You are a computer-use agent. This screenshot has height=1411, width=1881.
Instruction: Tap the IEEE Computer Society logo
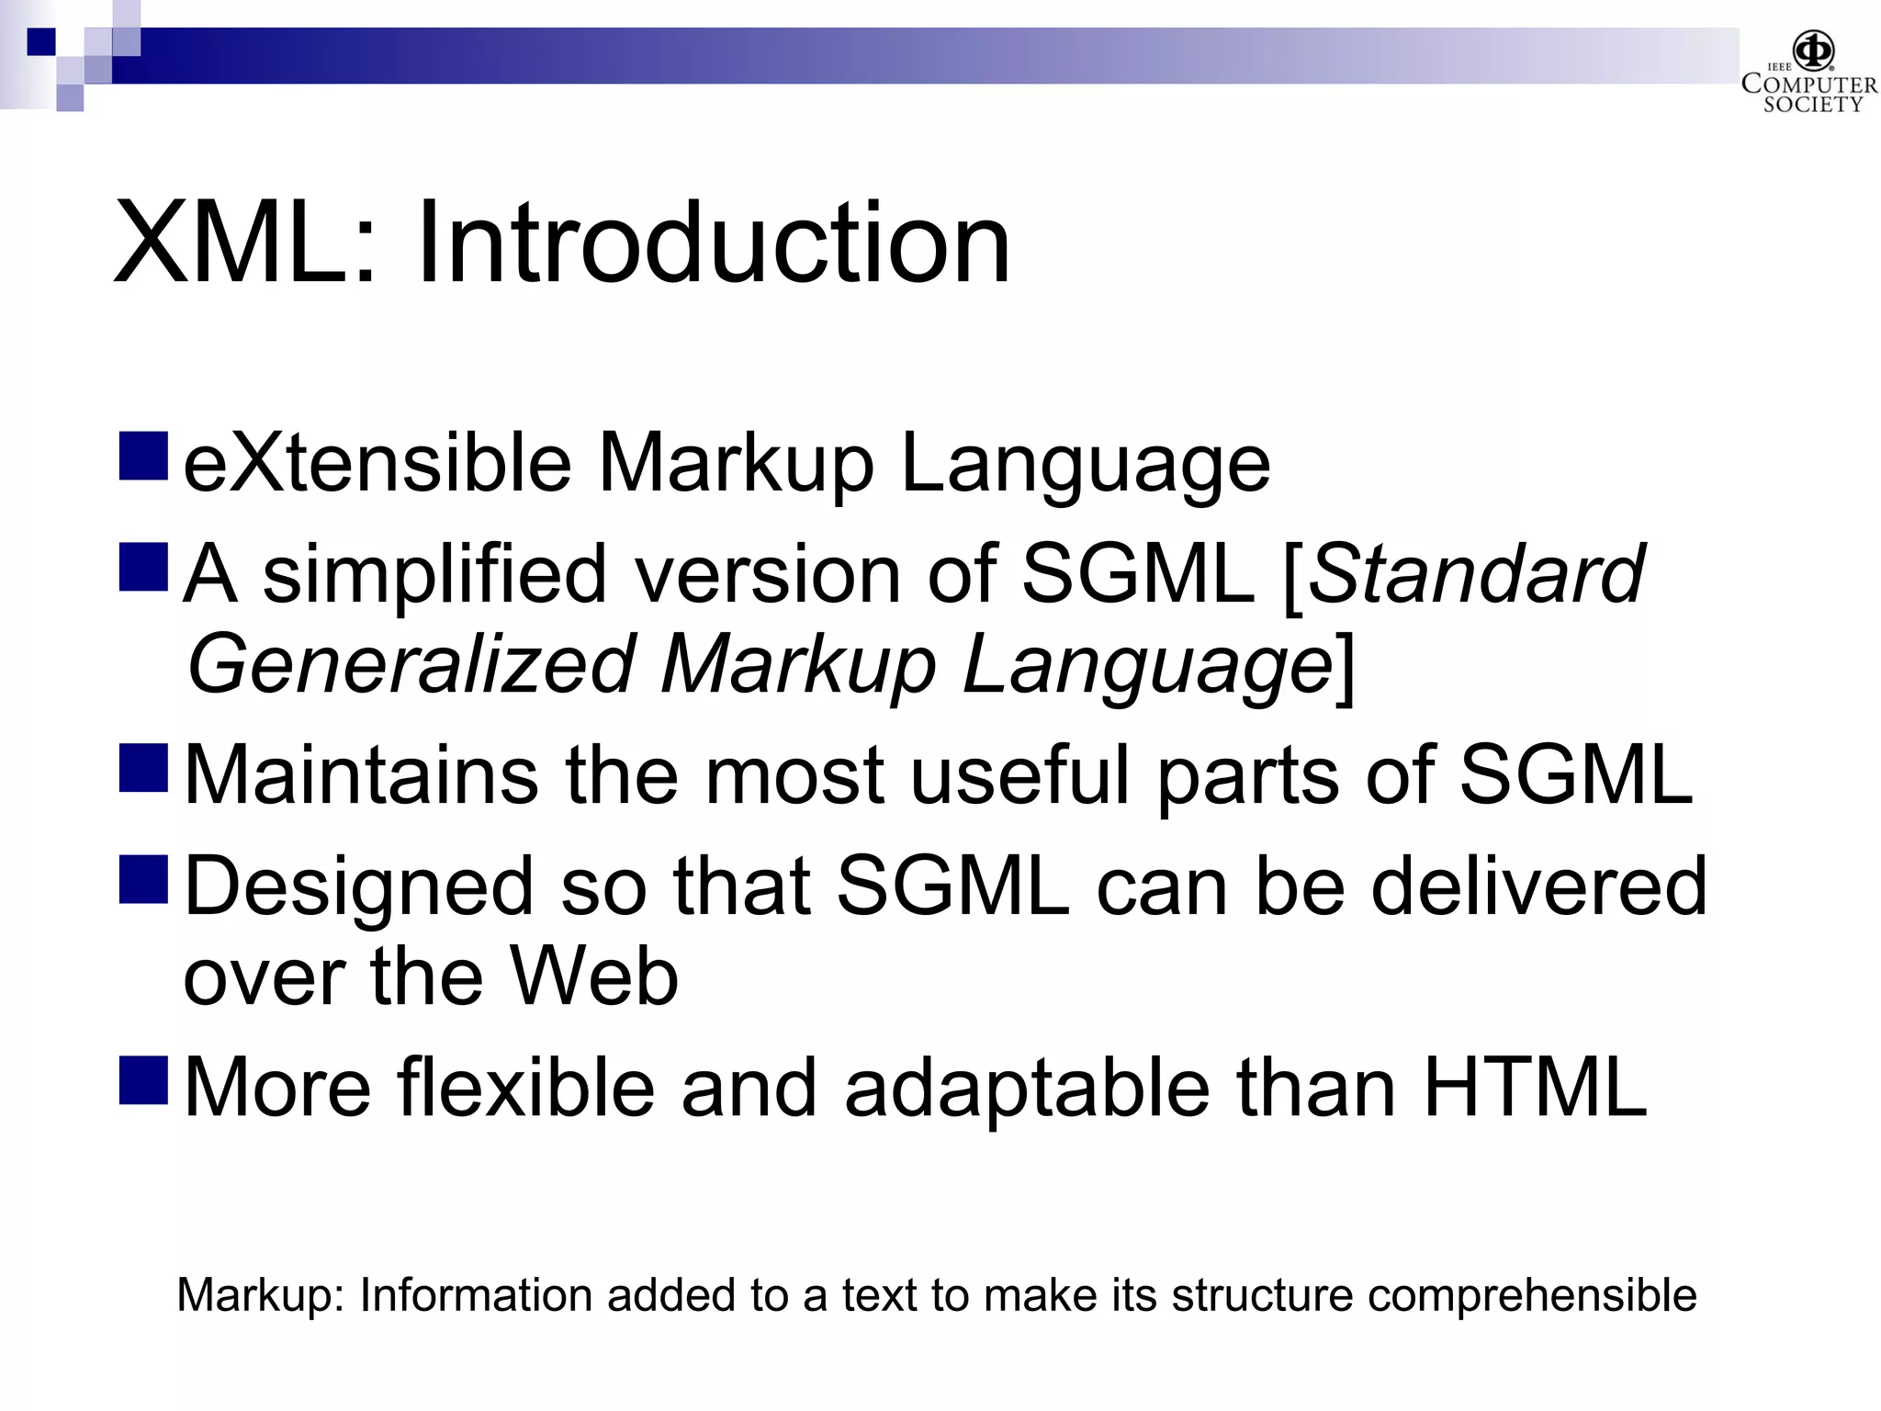[x=1808, y=73]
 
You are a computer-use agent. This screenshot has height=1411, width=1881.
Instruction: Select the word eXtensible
[x=377, y=463]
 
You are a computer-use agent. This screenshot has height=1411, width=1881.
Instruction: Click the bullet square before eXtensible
[x=143, y=457]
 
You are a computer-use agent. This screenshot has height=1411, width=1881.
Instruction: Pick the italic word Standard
[x=1475, y=573]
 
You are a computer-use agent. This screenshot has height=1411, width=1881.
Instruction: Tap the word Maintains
[x=361, y=775]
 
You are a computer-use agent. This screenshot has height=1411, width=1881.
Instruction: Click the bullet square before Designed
[x=143, y=879]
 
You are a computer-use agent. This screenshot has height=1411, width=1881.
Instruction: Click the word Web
[x=594, y=976]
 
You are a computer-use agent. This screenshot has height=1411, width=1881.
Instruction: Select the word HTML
[x=1535, y=1088]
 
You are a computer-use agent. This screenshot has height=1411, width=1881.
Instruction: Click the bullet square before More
[x=143, y=1080]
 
